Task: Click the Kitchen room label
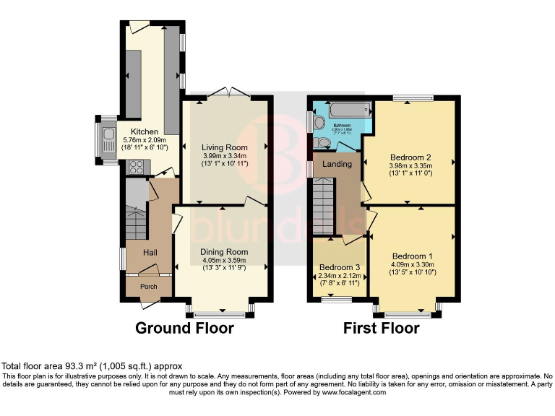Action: (x=134, y=131)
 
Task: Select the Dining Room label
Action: (x=224, y=252)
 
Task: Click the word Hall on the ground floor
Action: (x=150, y=252)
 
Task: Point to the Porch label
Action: (x=148, y=287)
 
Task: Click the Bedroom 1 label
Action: (x=413, y=256)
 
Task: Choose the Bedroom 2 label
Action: (x=410, y=157)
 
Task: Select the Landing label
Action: (x=337, y=164)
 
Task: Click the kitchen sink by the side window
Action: (x=108, y=137)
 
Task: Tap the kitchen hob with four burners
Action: (x=137, y=167)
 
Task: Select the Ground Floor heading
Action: (x=185, y=328)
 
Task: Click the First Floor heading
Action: (x=382, y=328)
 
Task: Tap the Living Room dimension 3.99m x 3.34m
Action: (x=224, y=156)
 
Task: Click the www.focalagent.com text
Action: (x=353, y=393)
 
